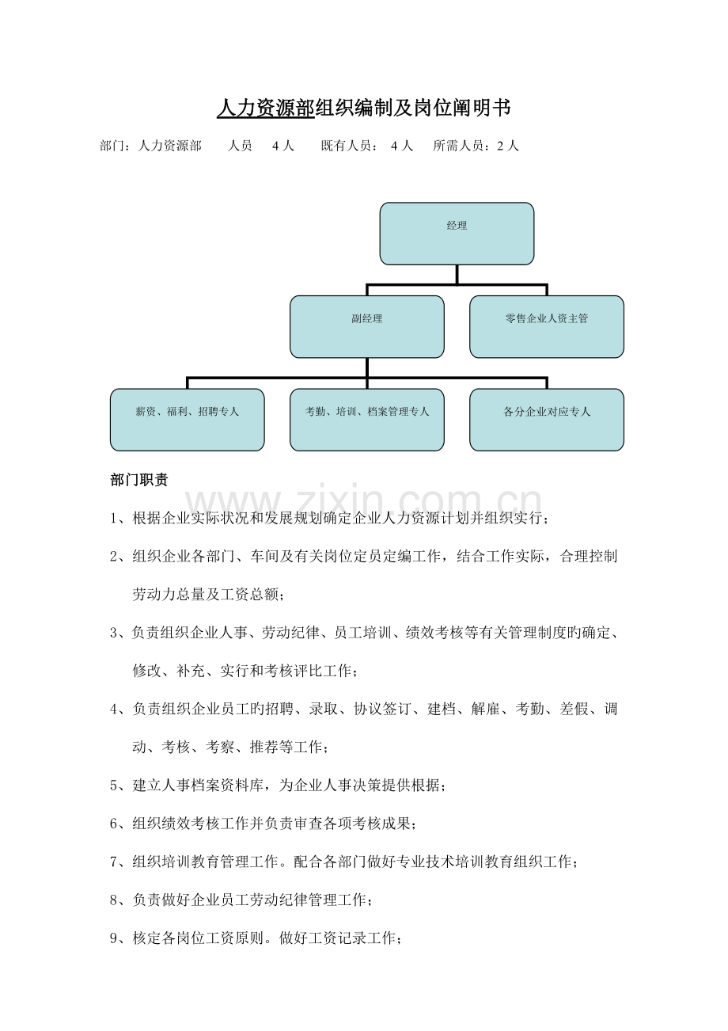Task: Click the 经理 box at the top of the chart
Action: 457,233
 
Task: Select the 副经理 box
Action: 366,326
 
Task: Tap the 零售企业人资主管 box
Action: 546,326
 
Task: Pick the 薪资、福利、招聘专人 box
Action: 187,420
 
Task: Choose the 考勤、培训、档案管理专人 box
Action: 366,420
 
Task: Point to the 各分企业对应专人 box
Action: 546,420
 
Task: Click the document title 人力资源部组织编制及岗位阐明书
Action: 364,108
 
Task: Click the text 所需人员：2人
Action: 476,146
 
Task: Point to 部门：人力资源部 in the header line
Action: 150,146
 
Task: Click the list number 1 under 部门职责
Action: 115,519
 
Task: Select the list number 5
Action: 115,786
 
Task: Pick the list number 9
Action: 115,939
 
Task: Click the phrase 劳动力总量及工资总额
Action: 206,595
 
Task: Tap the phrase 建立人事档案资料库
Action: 198,786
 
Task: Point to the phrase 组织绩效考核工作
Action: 190,824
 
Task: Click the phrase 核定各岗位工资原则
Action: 198,939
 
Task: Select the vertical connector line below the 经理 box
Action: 457,273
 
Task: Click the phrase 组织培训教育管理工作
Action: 205,862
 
